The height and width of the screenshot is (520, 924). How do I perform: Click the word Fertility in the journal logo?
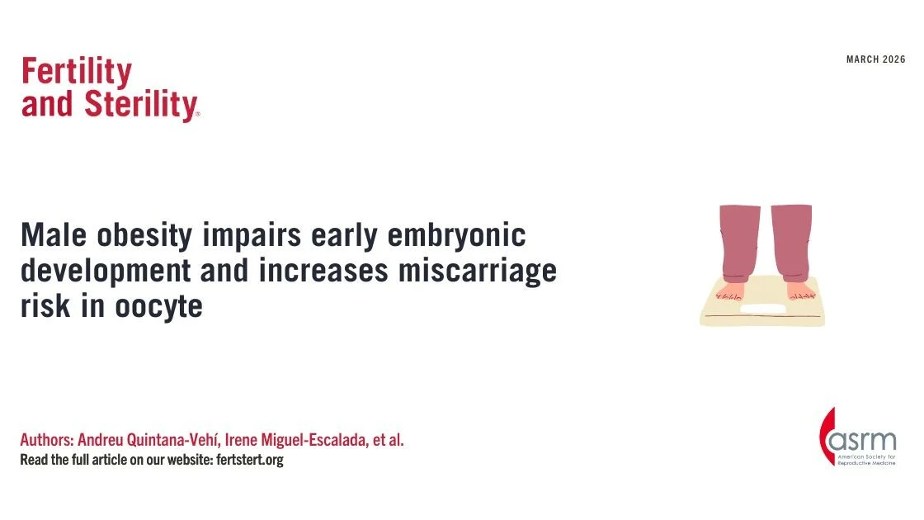pos(76,73)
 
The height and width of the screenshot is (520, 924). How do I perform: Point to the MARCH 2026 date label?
pos(875,59)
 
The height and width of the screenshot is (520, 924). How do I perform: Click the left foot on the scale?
pos(730,291)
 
